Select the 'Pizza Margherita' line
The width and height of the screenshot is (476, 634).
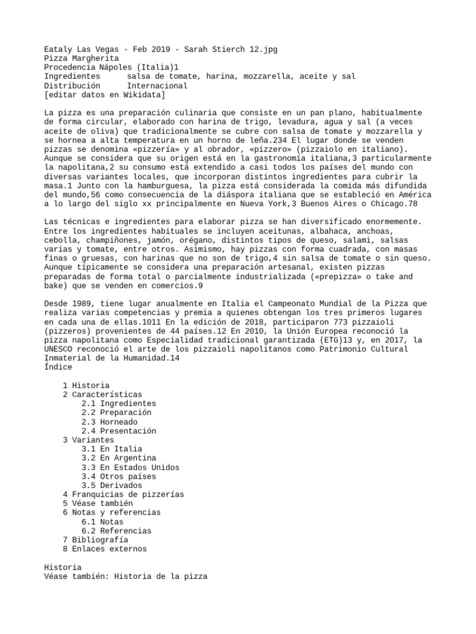click(81, 58)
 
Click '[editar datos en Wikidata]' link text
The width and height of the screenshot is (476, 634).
click(104, 95)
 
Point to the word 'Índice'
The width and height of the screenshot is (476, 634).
click(58, 367)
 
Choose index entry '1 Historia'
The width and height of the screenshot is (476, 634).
click(86, 385)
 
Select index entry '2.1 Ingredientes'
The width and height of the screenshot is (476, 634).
click(118, 403)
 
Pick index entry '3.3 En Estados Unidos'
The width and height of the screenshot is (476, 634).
click(130, 467)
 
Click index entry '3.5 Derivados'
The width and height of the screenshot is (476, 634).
click(112, 485)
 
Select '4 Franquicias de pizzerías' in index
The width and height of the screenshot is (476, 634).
click(123, 495)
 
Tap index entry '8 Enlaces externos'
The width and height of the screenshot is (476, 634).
click(105, 549)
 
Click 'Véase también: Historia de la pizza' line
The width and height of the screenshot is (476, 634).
click(126, 576)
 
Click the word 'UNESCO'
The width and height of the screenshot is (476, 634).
click(58, 349)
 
